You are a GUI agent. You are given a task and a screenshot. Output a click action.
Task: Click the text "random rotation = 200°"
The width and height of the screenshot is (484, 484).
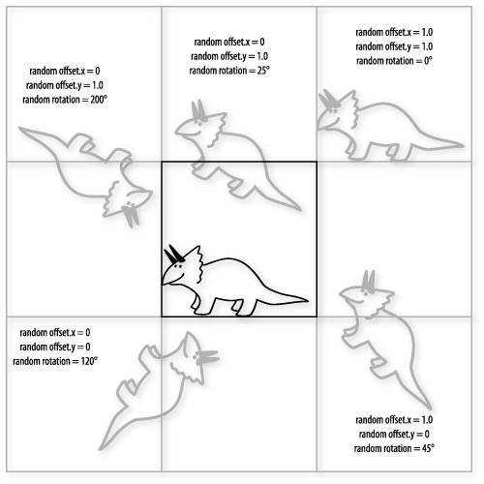[65, 100]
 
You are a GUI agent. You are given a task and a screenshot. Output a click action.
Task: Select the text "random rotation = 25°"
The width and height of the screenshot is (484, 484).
[229, 71]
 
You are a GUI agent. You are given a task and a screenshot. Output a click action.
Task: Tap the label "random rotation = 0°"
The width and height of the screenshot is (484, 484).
[394, 61]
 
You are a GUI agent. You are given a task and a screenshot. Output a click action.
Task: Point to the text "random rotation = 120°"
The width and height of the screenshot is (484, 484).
[55, 361]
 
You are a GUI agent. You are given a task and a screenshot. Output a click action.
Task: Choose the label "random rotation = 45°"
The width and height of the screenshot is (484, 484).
[394, 448]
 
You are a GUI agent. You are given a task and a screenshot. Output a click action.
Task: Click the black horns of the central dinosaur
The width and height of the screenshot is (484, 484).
[174, 254]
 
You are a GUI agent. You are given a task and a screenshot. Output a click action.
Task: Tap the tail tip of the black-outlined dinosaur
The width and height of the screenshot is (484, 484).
[307, 300]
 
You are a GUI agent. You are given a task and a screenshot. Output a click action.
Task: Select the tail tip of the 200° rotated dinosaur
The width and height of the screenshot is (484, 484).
[20, 129]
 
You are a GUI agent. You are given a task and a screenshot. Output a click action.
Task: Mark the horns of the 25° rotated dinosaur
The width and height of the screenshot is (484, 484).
[198, 110]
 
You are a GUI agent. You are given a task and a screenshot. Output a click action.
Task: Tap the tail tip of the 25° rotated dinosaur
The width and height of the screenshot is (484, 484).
[300, 210]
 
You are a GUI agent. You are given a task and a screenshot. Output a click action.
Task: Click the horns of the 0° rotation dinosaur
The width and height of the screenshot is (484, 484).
[329, 100]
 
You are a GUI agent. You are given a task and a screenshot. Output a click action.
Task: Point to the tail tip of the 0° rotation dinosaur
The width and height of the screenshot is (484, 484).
[463, 145]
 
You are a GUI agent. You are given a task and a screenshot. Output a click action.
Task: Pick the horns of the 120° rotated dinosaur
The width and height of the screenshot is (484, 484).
[207, 356]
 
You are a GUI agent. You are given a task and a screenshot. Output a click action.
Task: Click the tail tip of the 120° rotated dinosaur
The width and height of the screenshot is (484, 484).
[101, 448]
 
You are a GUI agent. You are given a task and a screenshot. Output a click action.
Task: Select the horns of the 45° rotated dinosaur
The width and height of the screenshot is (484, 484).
[368, 282]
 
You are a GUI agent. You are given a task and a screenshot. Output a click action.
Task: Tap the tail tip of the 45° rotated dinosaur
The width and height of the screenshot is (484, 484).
[431, 408]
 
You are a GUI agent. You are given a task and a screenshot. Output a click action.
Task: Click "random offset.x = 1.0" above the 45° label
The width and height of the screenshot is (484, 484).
[394, 419]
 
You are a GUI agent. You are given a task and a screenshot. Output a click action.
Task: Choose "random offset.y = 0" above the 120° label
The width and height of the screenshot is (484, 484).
[55, 347]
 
